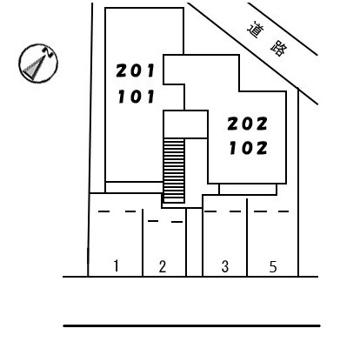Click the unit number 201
[136, 70]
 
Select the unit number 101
[136, 97]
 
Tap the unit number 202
[247, 124]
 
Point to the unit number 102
[248, 148]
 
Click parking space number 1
[116, 265]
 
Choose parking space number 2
[163, 266]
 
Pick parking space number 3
[225, 266]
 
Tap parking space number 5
[273, 267]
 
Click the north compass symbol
[38, 64]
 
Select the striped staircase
[174, 171]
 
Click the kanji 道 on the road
[256, 30]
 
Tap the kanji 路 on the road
[279, 50]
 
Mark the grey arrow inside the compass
[34, 67]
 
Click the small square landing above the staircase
[185, 124]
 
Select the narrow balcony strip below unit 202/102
[248, 189]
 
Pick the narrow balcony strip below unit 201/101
[134, 187]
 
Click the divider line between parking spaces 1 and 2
[143, 243]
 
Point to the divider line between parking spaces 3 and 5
[247, 238]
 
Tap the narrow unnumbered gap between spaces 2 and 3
[194, 242]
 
